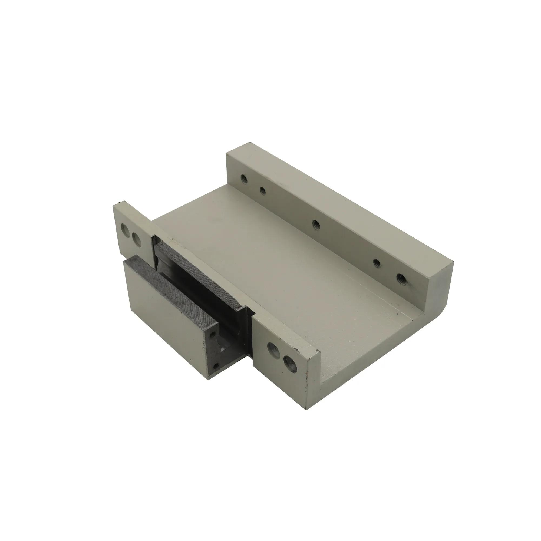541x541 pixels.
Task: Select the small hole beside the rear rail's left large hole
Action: pyautogui.click(x=262, y=191)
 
